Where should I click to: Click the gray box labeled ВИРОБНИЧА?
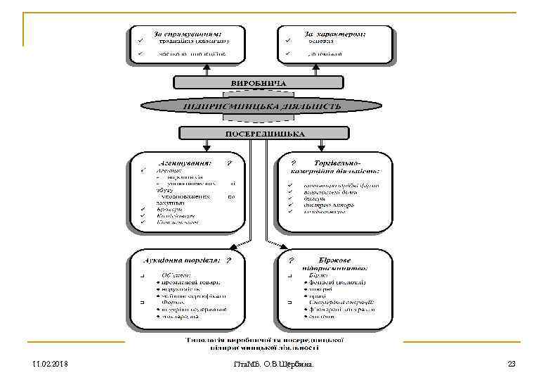(259, 82)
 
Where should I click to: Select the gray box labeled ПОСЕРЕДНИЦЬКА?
(264, 133)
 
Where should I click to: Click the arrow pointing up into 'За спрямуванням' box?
(206, 68)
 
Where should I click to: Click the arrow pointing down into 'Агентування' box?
(207, 146)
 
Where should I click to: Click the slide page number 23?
(511, 364)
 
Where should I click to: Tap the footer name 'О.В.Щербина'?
(289, 364)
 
